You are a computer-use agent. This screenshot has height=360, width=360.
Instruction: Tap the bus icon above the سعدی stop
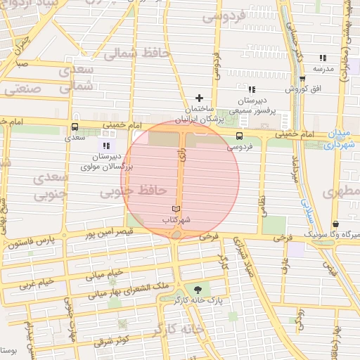75,127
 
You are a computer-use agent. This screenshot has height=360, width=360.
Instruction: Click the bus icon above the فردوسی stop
240,136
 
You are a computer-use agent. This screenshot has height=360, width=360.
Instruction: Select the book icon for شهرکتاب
176,209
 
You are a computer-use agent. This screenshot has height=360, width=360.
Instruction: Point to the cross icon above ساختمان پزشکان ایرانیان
199,98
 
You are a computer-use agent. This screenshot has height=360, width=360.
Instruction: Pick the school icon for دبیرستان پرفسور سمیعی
251,89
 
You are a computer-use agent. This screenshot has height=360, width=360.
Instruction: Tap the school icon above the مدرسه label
322,58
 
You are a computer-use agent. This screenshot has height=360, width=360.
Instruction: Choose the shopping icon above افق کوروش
302,79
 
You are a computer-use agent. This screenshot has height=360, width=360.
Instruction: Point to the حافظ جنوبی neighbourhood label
132,191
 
